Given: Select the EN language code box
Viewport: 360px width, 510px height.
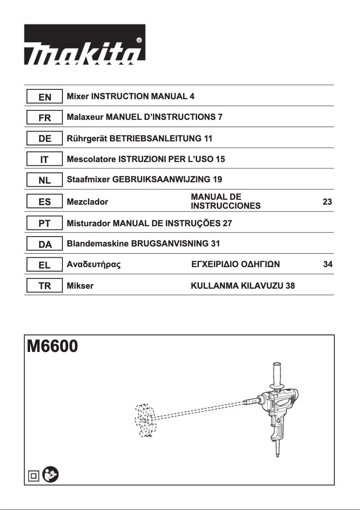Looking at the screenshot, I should point(44,97).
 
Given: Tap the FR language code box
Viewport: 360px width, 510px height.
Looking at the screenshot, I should point(44,118).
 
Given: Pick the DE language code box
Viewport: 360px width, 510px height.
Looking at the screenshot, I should point(44,139).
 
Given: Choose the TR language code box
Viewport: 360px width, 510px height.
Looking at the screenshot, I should point(44,286).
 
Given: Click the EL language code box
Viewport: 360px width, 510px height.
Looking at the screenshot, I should point(44,265).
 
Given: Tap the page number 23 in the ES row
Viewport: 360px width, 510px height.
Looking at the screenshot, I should point(327,202).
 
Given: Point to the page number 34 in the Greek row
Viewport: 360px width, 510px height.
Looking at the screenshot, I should point(328,264).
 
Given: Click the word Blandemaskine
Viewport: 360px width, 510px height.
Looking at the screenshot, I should point(97,244).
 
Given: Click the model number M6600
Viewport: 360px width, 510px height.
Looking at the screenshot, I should point(53,347).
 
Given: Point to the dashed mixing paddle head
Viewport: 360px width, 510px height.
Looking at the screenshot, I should point(145,420).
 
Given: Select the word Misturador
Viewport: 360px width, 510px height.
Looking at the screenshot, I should point(88,223).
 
